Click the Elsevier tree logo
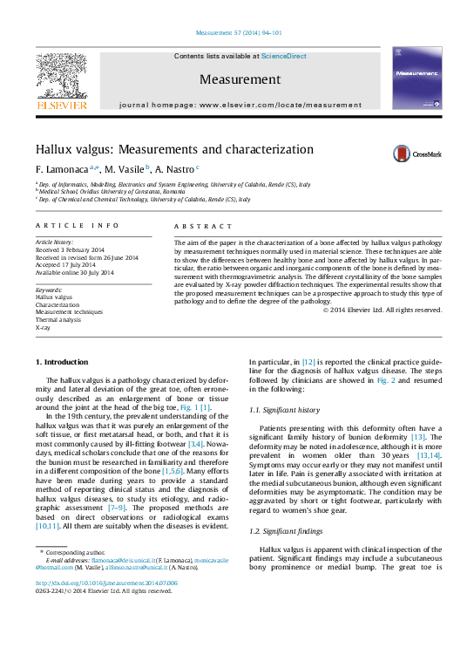pos(61,78)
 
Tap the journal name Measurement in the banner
pos(240,79)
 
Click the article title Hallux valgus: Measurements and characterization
pos(174,149)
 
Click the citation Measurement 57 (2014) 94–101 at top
pos(237,32)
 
